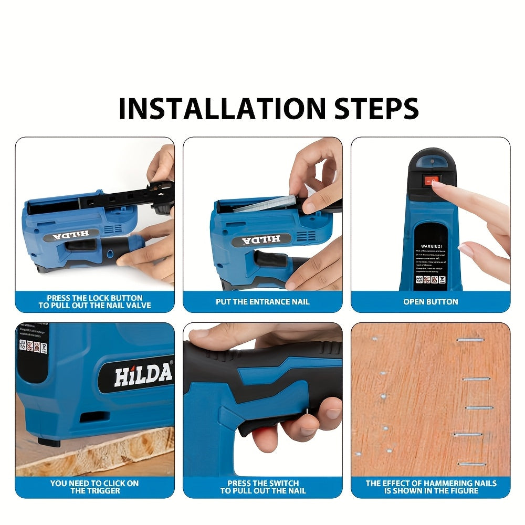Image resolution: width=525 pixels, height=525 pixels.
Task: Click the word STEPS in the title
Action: (x=368, y=108)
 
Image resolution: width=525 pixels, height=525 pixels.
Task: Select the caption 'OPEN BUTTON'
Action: (x=430, y=302)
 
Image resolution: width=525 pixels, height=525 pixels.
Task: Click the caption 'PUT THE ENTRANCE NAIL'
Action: (x=262, y=302)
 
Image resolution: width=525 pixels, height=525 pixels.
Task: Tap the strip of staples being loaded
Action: (x=265, y=203)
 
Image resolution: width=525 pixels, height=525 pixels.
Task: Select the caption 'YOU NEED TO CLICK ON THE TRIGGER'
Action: (x=94, y=487)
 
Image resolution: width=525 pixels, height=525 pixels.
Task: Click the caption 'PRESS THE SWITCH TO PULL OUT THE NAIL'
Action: (x=262, y=487)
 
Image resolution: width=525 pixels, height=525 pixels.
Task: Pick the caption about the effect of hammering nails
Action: (x=430, y=487)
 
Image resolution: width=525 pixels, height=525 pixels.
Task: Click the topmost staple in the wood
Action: (x=468, y=340)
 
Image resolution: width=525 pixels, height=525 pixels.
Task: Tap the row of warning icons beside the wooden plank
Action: (x=34, y=346)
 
